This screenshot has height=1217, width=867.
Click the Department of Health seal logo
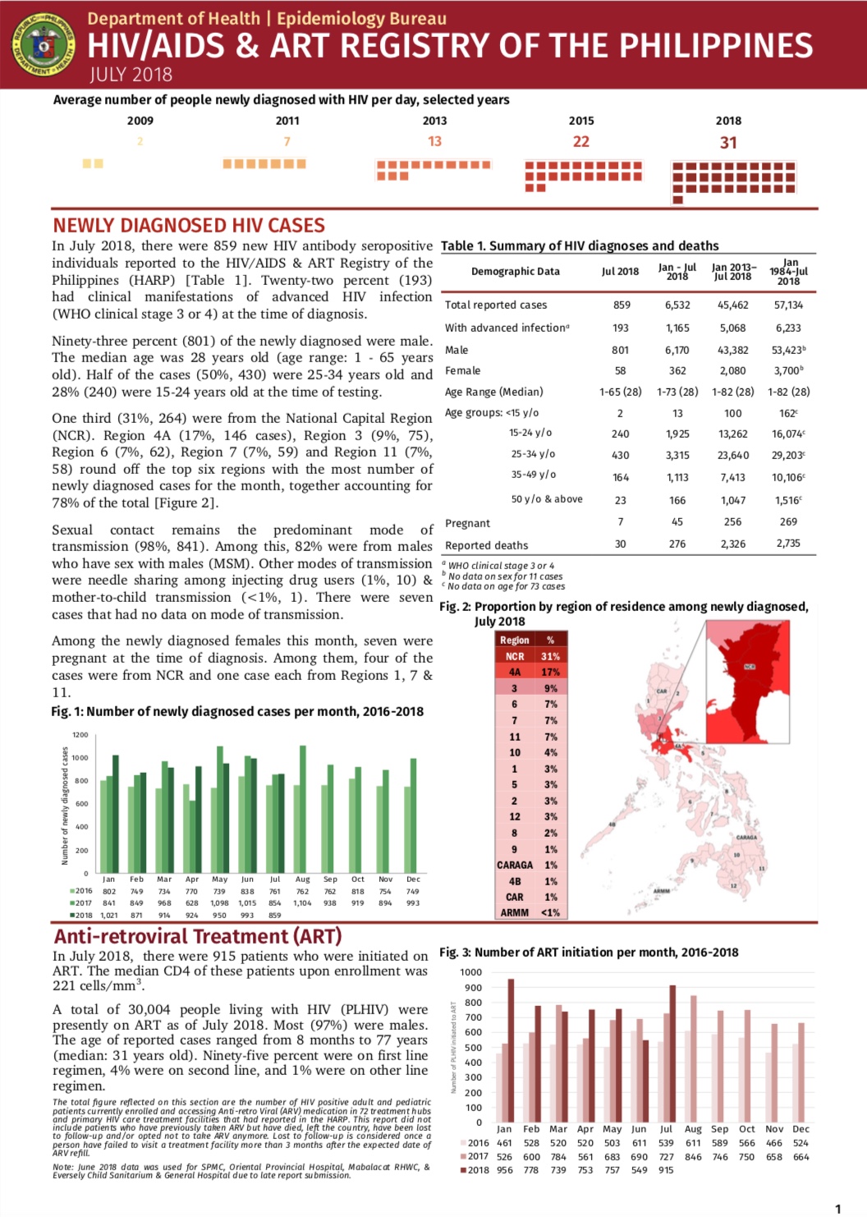[x=43, y=45]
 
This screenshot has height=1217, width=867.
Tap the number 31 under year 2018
[x=728, y=143]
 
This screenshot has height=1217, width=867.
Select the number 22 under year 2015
[x=581, y=142]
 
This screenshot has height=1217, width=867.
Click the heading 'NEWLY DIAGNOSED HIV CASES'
[x=189, y=226]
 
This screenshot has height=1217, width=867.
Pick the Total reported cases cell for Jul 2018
[x=622, y=305]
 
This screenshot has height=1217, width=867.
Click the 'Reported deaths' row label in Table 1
[x=486, y=545]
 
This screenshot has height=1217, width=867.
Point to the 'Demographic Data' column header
[x=515, y=272]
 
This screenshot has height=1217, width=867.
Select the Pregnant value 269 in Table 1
[x=788, y=522]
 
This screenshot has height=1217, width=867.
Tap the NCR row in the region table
[x=530, y=656]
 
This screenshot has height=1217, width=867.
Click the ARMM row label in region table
[x=515, y=912]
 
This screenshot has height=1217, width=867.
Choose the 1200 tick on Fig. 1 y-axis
[x=80, y=735]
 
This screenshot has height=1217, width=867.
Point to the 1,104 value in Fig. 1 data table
[x=302, y=903]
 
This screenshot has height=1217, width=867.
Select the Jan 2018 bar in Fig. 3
[x=511, y=1050]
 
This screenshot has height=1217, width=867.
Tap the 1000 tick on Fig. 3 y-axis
[x=471, y=972]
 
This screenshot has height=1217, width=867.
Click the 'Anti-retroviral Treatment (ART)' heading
[x=198, y=937]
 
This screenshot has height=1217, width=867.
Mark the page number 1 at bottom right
[x=837, y=1208]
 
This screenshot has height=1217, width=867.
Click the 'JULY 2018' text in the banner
[x=131, y=76]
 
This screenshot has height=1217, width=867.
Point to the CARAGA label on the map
[x=746, y=838]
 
